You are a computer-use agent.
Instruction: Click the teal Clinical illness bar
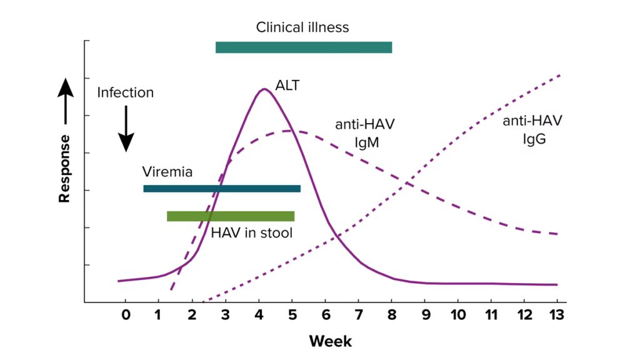[x=304, y=47]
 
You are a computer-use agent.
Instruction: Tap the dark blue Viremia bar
[x=222, y=189]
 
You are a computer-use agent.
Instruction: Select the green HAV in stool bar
[x=231, y=216]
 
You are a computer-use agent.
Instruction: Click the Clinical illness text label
[x=302, y=27]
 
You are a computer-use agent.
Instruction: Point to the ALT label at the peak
[x=287, y=85]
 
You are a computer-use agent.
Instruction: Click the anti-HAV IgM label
[x=366, y=133]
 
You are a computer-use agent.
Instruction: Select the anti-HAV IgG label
[x=532, y=129]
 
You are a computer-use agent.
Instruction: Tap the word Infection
[x=125, y=92]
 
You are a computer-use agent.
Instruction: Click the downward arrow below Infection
[x=126, y=128]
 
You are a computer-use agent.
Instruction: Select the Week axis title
[x=330, y=341]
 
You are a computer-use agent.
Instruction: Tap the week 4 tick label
[x=259, y=314]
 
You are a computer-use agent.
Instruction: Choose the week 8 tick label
[x=392, y=314]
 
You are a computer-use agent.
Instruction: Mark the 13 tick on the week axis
[x=557, y=314]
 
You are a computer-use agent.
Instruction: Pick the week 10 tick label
[x=457, y=314]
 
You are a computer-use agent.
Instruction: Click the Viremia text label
[x=167, y=172]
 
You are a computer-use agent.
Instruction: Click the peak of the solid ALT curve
[x=264, y=89]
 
